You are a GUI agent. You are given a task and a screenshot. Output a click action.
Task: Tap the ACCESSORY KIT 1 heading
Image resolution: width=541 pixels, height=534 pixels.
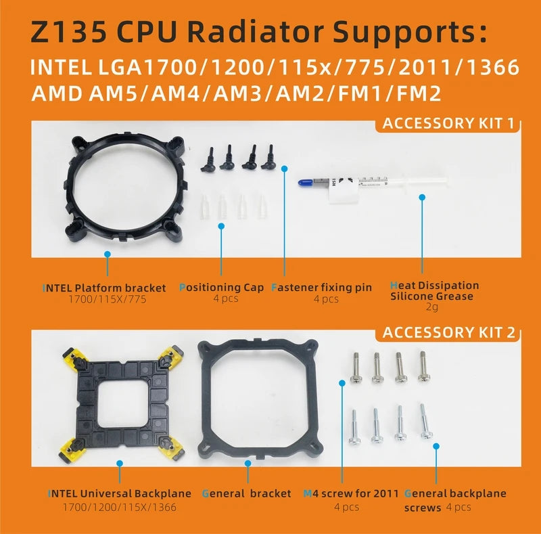(x=448, y=123)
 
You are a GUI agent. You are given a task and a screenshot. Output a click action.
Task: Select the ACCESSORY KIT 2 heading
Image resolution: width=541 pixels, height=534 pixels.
(x=448, y=332)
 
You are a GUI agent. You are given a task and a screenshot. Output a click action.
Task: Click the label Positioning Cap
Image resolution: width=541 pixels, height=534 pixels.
(x=221, y=287)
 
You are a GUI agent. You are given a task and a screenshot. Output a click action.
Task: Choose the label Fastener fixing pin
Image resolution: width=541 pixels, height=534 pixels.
(x=321, y=287)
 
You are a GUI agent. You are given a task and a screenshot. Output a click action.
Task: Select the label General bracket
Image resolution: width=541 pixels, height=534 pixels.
(x=246, y=493)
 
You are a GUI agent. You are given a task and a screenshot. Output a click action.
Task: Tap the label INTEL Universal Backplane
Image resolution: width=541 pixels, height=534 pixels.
(x=119, y=493)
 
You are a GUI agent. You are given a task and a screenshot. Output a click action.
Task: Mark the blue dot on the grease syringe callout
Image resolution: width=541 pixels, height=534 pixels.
(x=422, y=198)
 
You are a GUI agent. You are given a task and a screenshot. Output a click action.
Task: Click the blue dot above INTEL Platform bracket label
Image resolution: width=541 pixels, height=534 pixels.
(x=106, y=254)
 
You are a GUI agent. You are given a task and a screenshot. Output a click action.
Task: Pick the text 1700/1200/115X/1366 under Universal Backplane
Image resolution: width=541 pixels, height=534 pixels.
(x=119, y=507)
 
